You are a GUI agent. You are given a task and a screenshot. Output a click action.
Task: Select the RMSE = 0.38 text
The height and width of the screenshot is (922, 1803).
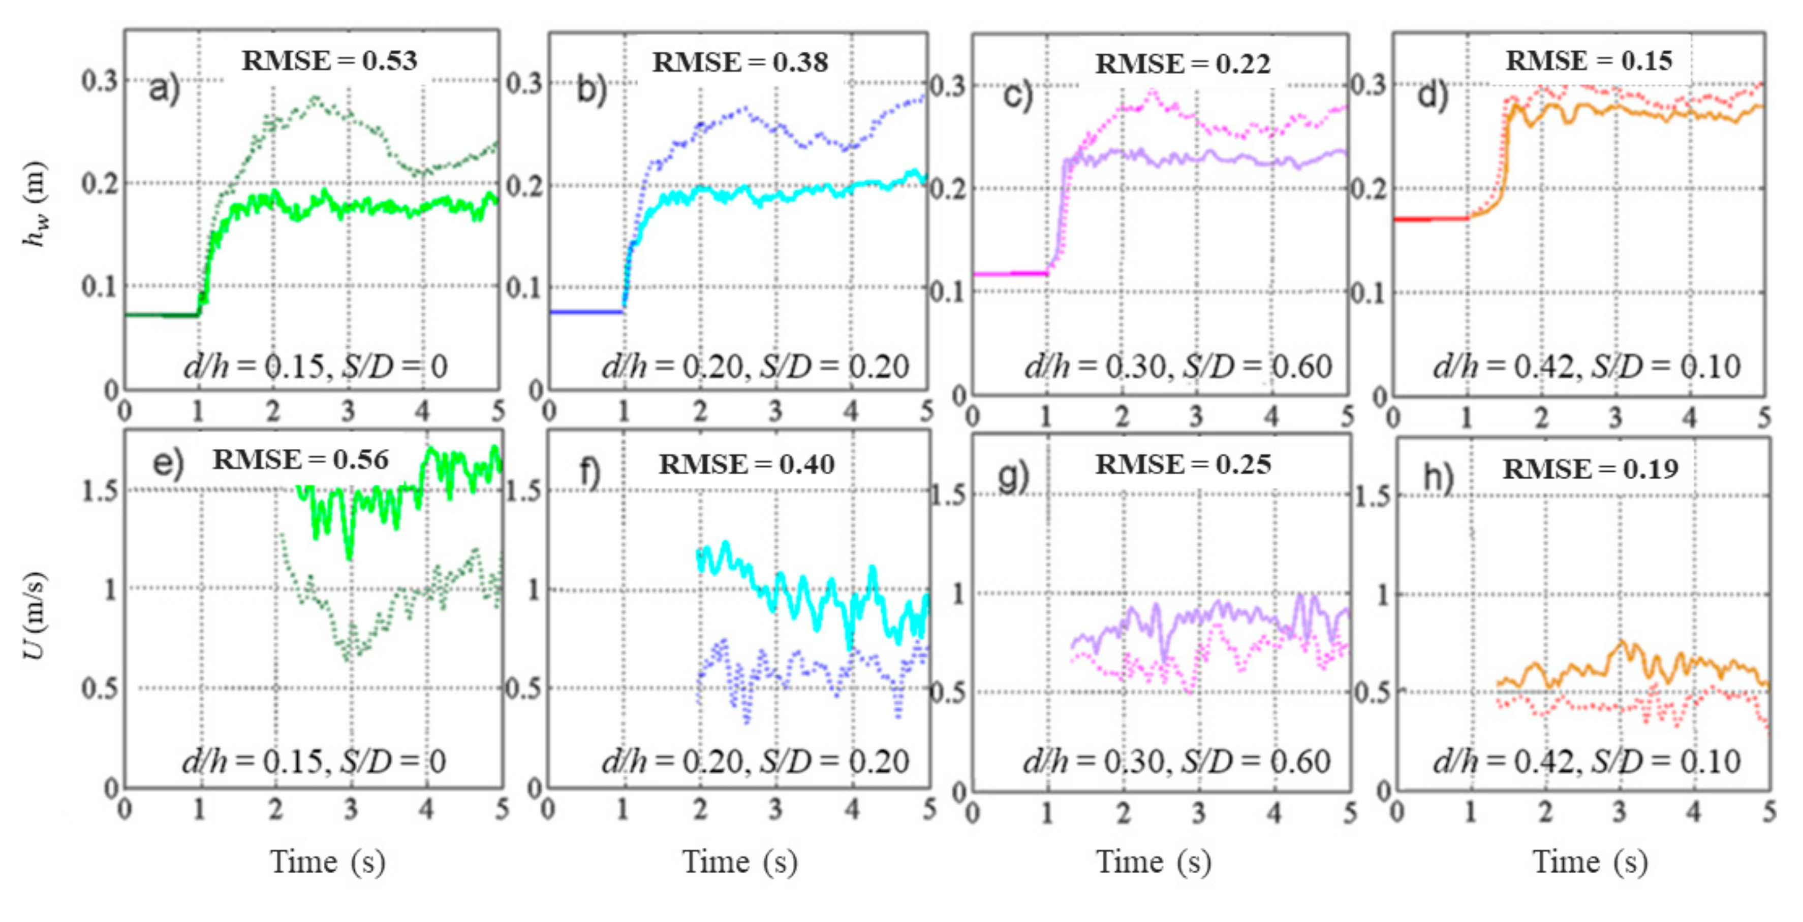(x=740, y=63)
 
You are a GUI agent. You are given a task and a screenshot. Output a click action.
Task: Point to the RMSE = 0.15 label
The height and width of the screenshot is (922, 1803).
(x=1589, y=61)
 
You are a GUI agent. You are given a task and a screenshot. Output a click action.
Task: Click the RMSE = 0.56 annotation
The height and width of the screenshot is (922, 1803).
(x=300, y=459)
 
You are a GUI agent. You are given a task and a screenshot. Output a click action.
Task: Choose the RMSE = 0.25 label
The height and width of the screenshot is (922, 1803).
(x=1183, y=465)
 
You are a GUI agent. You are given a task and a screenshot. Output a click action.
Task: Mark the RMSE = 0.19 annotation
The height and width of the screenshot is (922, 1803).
(x=1590, y=469)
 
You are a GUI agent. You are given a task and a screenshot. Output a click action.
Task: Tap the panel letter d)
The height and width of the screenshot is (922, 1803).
(x=1432, y=95)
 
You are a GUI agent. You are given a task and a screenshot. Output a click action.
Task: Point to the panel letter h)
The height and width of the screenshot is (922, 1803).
(x=1439, y=478)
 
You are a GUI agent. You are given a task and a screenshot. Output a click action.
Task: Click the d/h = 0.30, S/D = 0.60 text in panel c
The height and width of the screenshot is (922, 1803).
(x=1178, y=367)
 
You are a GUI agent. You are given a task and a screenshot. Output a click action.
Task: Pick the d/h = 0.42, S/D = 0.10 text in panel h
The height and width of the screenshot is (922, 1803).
(x=1586, y=762)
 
